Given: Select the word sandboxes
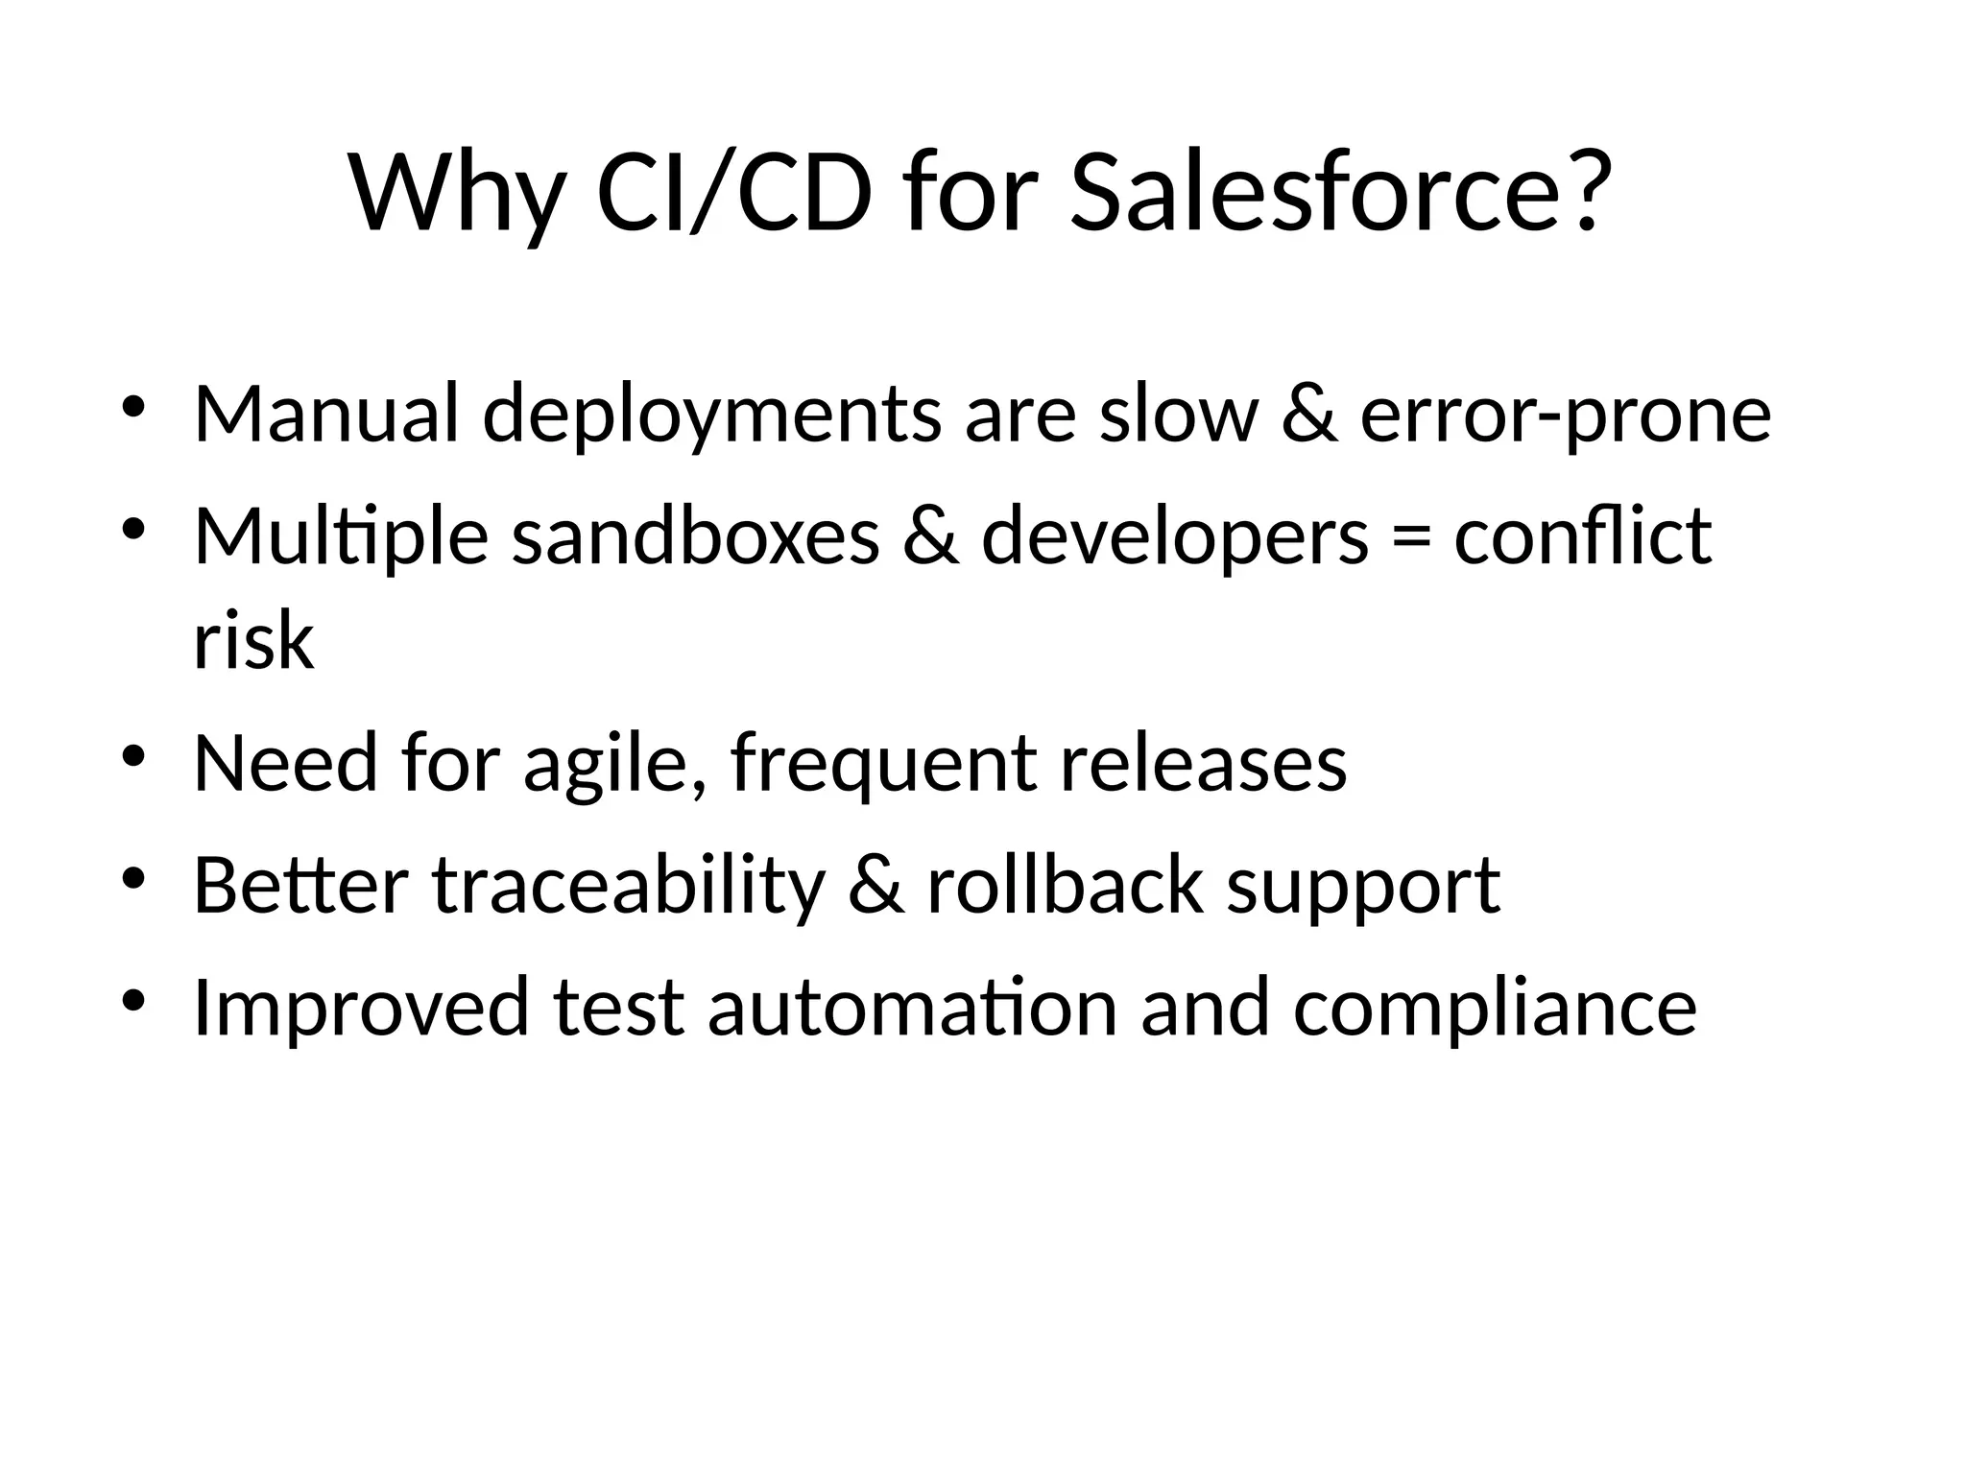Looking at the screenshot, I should (x=695, y=536).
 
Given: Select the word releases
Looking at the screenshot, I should (x=1204, y=764).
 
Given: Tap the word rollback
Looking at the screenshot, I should (x=1065, y=885).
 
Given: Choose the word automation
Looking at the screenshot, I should (x=912, y=1008).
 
